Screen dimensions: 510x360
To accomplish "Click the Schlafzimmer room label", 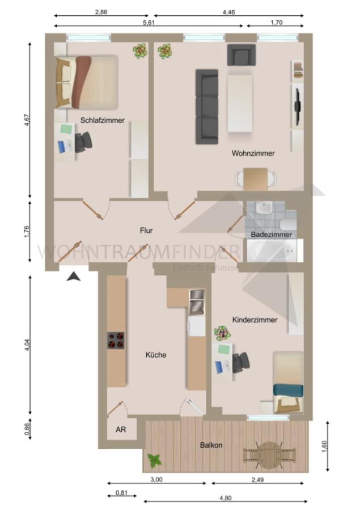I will coord(102,120).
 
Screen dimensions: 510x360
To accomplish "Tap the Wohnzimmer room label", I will coord(253,153).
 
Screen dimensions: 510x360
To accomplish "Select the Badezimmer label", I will coord(272,234).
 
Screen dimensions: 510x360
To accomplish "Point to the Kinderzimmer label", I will coord(255,320).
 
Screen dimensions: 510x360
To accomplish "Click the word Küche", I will coord(156,355).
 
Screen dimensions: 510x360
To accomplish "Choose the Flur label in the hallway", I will coord(147,230).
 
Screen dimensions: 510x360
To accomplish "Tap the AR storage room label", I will coord(121,429).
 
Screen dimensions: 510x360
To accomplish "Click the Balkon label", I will coord(211,445).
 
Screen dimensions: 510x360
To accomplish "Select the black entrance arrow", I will coord(73,276).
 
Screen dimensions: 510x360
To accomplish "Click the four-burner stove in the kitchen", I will coord(116,341).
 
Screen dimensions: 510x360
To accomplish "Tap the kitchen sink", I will coord(196,301).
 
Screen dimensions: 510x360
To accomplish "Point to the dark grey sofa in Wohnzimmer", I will coord(207,106).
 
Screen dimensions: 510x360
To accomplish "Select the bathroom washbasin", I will coord(264,209).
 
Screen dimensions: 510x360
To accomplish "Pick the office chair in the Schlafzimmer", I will coord(83,142).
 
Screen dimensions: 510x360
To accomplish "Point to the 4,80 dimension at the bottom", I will coord(226,498).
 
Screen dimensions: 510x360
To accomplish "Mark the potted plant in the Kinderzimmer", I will coord(221,333).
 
